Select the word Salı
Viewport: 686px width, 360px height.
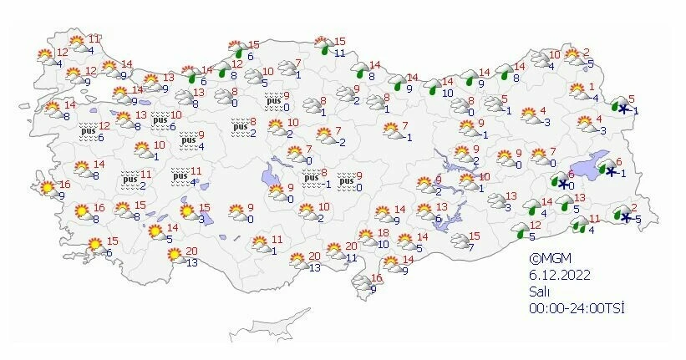click(538, 292)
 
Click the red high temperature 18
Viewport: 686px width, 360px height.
click(384, 233)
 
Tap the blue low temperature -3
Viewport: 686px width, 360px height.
click(546, 122)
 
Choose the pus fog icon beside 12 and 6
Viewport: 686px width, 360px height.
click(87, 132)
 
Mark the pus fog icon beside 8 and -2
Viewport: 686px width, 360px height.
click(241, 128)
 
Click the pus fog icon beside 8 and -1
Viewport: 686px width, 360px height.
click(311, 179)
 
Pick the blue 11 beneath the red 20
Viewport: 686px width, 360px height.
click(351, 257)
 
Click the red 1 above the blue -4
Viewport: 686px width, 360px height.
click(592, 87)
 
